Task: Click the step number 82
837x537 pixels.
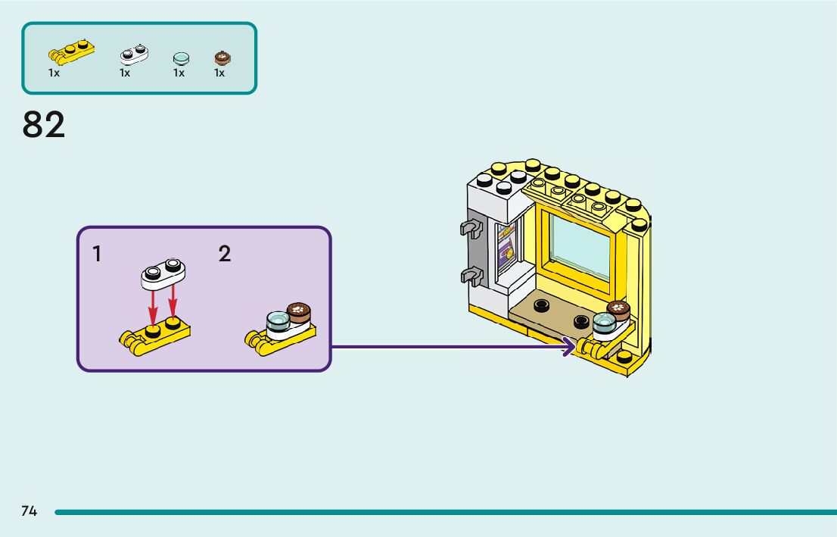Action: coord(44,125)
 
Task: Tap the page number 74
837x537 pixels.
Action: coord(29,511)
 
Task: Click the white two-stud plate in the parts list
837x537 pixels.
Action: coord(134,54)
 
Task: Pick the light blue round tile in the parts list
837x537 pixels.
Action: coord(181,58)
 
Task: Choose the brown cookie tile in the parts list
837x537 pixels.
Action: coord(222,58)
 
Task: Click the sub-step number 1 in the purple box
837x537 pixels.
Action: coord(97,254)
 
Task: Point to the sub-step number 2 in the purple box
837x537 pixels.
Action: coord(225,254)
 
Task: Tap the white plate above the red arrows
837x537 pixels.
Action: coord(163,274)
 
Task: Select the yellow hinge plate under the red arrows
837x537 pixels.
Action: coord(154,336)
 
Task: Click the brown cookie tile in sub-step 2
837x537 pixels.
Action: coord(300,312)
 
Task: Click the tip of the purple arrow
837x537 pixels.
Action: coord(572,348)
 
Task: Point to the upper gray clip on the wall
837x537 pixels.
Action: coord(469,228)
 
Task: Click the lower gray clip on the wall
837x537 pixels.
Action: coord(469,276)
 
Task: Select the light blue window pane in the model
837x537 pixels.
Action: coord(580,246)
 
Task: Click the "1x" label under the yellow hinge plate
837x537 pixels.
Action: coord(54,73)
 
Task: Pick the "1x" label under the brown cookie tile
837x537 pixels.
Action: coord(219,73)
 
